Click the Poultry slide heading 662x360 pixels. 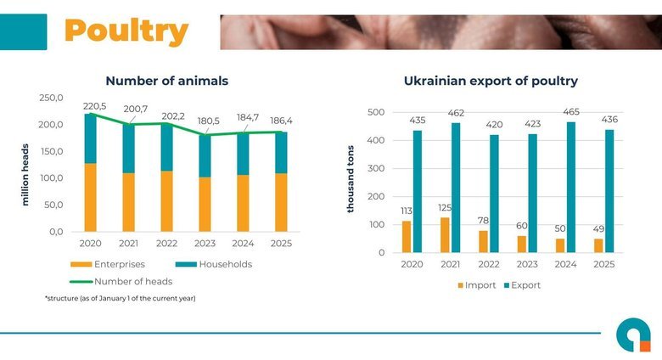point(126,31)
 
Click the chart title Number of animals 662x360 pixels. point(166,81)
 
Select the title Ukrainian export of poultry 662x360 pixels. point(491,81)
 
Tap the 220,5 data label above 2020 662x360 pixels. point(94,106)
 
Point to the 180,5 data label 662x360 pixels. point(205,121)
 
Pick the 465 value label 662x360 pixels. point(571,111)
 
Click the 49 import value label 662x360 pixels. point(599,229)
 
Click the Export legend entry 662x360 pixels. point(520,285)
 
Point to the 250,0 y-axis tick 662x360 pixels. point(51,98)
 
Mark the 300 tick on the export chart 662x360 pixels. point(375,169)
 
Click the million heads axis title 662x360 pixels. point(25,174)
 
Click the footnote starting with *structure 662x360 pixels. point(120,298)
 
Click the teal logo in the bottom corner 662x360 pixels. point(633,334)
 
